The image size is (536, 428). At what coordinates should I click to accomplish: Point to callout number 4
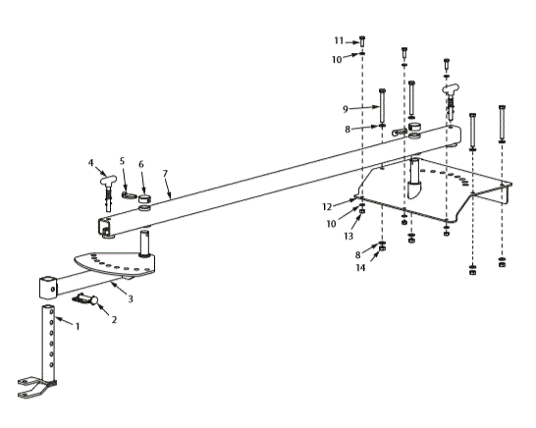[89, 163]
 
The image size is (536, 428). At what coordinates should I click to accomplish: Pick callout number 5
[123, 160]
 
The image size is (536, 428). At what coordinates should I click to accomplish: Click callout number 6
[141, 164]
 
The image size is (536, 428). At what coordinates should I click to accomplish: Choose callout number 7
[166, 173]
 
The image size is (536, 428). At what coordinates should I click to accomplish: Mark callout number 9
[345, 108]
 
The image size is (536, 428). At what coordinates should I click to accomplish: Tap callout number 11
[337, 40]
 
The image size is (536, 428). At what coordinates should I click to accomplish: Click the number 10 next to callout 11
[337, 59]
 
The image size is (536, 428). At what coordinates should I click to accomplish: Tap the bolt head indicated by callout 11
[364, 40]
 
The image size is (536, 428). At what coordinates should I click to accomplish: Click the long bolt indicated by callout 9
[381, 106]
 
